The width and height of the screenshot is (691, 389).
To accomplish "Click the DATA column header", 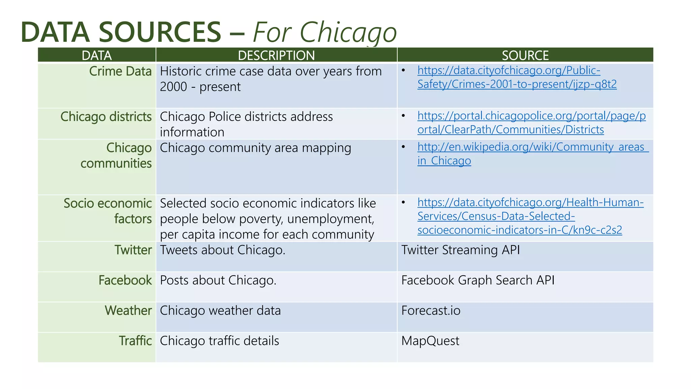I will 96,55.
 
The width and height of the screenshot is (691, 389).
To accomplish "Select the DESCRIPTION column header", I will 276,55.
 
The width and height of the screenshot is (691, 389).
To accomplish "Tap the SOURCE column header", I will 525,55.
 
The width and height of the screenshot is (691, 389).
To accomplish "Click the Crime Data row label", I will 120,72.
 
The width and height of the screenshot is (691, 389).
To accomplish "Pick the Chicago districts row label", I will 106,117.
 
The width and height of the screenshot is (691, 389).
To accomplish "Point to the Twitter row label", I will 133,250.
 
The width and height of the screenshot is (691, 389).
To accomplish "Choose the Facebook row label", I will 125,281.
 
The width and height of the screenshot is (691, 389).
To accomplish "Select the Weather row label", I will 128,311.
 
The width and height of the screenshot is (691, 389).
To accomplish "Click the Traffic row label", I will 135,341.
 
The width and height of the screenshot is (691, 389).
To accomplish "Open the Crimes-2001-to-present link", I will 517,77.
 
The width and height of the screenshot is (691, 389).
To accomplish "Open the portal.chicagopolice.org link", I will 531,123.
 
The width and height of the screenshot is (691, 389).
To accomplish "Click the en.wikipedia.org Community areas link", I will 532,154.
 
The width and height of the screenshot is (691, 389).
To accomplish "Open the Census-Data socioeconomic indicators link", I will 530,216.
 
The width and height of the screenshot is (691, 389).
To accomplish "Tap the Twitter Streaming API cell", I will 460,250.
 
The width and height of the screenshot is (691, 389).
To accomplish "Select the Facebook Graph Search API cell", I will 477,281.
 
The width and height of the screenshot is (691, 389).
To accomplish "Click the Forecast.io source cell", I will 431,311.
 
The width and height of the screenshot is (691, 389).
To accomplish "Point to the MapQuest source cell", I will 430,341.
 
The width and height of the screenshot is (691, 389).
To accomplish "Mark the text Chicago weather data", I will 220,311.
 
